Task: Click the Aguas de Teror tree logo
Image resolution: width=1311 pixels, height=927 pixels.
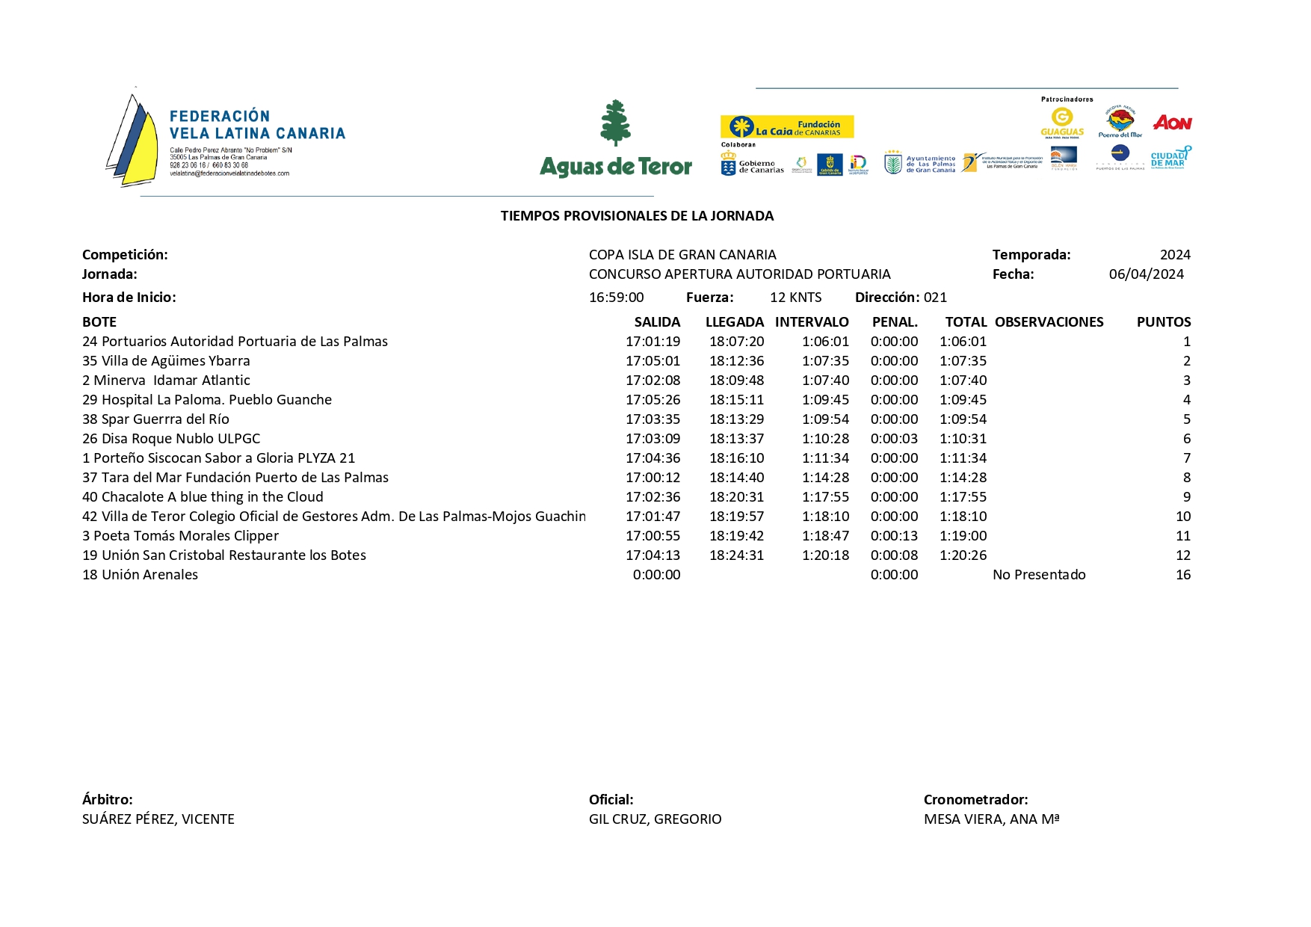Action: coord(616,124)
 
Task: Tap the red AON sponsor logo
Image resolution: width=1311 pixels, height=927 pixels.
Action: coord(1171,123)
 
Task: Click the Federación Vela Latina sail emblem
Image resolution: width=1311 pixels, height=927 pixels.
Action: coord(133,138)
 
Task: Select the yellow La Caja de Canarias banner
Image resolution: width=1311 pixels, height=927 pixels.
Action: coord(786,127)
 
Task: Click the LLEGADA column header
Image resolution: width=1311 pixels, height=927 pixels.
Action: coord(734,322)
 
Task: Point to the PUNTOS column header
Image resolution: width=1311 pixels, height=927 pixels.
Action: coord(1163,322)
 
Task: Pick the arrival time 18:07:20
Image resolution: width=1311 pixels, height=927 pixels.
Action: coord(736,342)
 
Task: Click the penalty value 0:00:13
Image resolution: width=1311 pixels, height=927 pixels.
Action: coord(894,536)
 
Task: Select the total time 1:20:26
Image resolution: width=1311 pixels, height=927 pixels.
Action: coord(963,555)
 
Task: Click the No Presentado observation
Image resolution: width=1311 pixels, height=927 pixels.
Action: coord(1039,575)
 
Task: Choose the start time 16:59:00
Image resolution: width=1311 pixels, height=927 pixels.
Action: coord(616,298)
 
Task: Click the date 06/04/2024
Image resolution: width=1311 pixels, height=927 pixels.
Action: coord(1146,274)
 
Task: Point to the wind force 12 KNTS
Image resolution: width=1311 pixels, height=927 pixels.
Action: coord(795,298)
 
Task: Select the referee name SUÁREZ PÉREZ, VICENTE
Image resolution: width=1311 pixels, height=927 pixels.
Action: coord(158,819)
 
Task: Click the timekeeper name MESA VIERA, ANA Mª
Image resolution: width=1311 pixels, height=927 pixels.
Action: coord(991,819)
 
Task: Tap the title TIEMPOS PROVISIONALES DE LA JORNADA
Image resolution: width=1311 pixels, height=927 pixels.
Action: coord(637,216)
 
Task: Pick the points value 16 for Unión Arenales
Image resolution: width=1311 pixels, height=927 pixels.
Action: coord(1182,575)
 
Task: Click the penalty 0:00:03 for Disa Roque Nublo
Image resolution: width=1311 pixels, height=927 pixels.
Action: coord(894,439)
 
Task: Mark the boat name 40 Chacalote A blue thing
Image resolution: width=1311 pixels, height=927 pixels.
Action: coord(203,497)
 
